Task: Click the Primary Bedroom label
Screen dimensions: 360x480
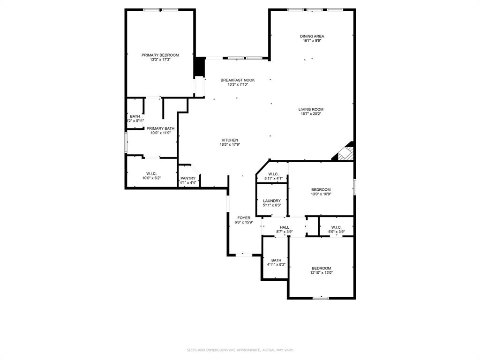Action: click(160, 55)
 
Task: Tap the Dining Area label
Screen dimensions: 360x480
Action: click(312, 36)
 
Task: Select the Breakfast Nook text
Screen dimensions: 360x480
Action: click(238, 80)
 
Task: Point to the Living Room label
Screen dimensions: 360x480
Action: click(311, 109)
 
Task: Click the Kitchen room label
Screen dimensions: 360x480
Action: click(230, 140)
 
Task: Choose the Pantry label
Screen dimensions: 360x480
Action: click(187, 178)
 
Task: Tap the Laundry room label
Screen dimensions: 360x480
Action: click(271, 201)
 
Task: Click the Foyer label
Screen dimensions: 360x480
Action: click(243, 218)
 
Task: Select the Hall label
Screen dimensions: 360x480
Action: click(285, 227)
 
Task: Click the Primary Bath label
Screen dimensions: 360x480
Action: click(160, 128)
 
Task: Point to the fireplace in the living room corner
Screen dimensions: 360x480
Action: click(345, 152)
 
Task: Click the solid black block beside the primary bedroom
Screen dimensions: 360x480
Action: click(199, 67)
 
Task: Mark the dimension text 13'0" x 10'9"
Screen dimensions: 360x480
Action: click(321, 194)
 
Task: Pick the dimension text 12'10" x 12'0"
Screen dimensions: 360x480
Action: click(321, 273)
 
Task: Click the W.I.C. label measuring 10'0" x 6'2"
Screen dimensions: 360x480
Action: click(151, 173)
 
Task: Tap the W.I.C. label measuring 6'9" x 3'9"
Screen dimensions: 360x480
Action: click(336, 227)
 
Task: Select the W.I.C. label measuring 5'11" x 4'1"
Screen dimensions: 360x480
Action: click(274, 174)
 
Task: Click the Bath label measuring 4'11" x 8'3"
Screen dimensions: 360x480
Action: click(276, 260)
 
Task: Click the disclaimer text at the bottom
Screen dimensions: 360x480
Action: click(240, 350)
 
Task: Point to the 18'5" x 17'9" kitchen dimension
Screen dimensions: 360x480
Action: click(230, 145)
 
